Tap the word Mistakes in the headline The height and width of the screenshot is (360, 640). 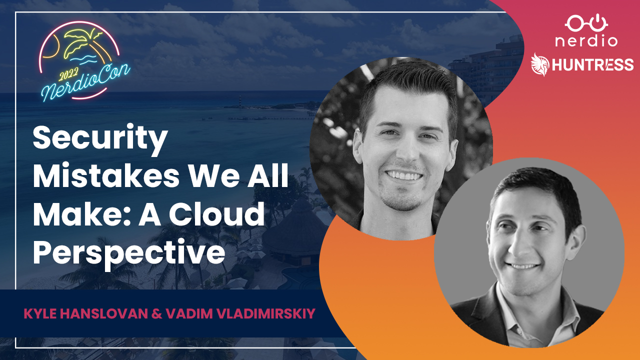[106, 175]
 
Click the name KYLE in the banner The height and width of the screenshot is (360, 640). [40, 313]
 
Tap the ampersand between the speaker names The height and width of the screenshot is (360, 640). [157, 313]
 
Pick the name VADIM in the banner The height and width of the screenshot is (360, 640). [189, 313]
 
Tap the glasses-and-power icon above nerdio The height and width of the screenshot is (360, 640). [586, 23]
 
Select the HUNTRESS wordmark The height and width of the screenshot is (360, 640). [592, 64]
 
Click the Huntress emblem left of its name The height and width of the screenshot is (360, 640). [539, 65]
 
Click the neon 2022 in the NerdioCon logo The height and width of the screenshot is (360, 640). [68, 75]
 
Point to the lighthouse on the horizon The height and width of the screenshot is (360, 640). [240, 101]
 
